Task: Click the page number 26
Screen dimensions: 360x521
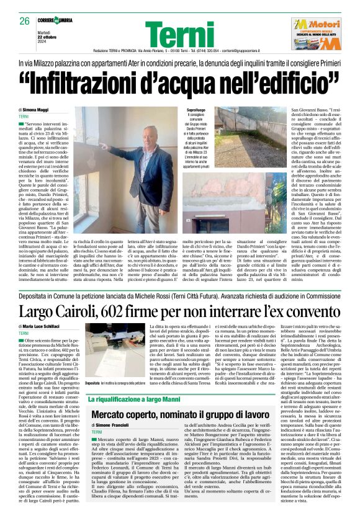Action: click(24, 22)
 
